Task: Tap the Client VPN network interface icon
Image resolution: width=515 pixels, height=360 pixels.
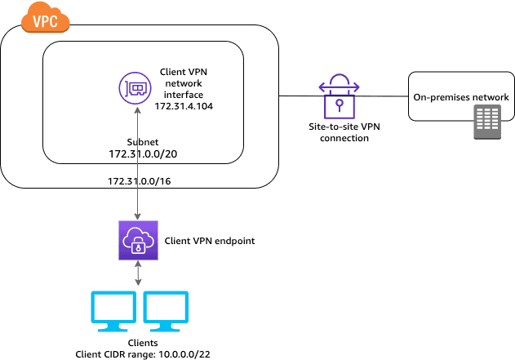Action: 135,87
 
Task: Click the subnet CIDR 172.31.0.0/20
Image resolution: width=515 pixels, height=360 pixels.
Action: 143,153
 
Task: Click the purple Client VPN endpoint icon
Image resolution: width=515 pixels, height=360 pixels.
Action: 135,241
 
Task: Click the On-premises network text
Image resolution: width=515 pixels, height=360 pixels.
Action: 460,97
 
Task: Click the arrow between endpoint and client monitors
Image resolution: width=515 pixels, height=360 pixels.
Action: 135,276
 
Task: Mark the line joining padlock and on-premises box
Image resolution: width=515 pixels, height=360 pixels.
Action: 384,96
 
